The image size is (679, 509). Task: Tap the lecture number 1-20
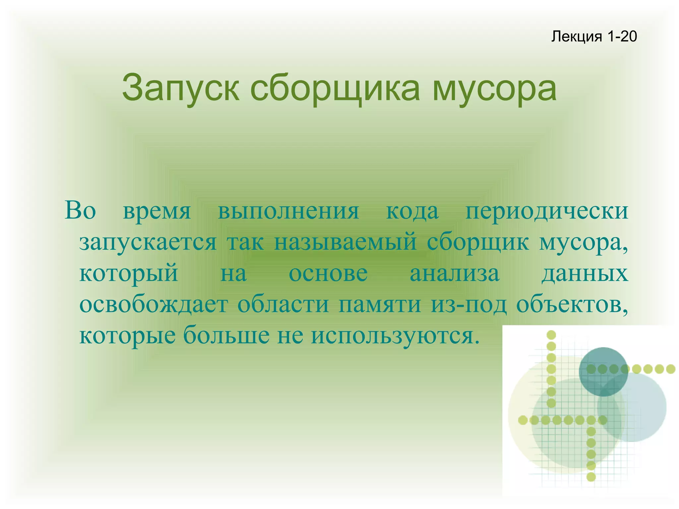tap(622, 36)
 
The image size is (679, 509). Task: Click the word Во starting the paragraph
tap(81, 210)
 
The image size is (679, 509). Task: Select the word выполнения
tap(288, 211)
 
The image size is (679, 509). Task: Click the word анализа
tap(454, 274)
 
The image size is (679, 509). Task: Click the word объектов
tap(572, 304)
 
